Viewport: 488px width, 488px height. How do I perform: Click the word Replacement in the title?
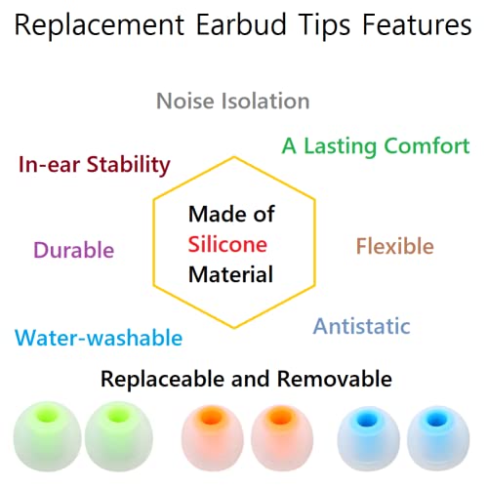(98, 25)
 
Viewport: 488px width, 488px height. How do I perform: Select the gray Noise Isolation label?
(233, 101)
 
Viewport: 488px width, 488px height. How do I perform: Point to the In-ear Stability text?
(95, 164)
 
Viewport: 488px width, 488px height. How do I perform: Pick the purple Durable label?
(74, 249)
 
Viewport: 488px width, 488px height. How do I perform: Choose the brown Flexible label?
(394, 246)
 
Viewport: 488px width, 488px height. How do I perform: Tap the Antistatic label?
(361, 326)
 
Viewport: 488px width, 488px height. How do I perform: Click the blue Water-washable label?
(99, 339)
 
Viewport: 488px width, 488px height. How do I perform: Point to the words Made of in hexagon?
(230, 213)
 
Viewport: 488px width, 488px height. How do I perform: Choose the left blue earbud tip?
(368, 437)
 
